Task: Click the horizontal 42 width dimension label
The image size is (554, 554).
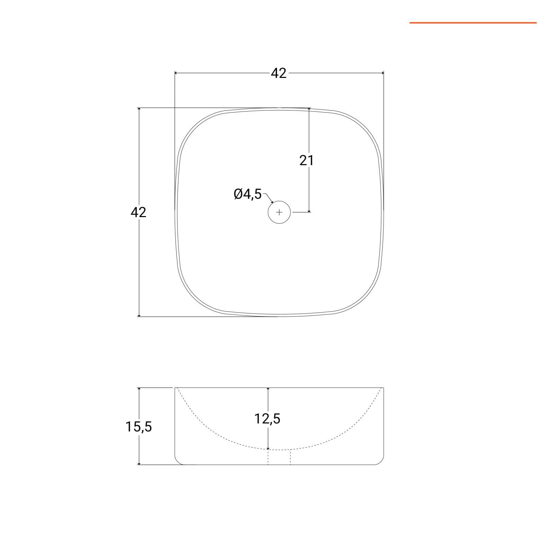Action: point(279,73)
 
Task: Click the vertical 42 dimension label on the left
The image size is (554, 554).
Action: point(138,212)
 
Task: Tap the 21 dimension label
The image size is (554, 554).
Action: point(306,160)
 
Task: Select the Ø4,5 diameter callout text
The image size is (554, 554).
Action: point(248,194)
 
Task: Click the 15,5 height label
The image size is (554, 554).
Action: point(138,427)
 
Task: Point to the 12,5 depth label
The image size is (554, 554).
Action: point(267,419)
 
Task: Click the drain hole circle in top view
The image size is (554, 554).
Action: point(279,212)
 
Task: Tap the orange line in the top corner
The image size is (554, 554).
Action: point(473,23)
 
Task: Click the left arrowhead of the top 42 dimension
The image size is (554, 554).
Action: point(176,73)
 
